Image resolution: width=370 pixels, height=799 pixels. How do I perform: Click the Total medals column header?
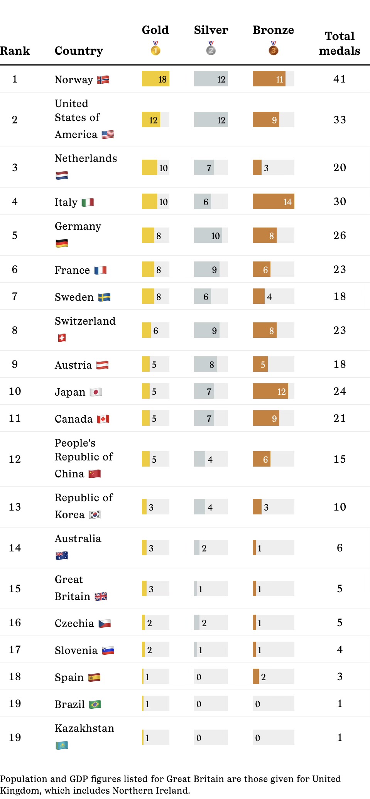340,43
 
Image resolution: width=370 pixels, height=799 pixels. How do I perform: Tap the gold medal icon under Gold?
155,49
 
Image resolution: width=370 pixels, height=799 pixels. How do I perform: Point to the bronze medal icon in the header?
273,49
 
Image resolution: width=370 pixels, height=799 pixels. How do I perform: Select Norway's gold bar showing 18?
155,79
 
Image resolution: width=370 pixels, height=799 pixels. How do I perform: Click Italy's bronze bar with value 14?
273,202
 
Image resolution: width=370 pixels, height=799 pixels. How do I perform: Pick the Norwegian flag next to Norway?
103,80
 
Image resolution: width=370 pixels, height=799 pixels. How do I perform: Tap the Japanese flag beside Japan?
96,392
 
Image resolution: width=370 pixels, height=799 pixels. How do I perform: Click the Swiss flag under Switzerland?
62,338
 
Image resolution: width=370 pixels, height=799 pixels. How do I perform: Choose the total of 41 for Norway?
340,79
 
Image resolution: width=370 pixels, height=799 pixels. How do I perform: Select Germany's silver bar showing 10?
211,236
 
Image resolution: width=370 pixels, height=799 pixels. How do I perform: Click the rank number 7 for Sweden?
15,297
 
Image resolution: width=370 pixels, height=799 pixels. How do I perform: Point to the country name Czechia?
74,624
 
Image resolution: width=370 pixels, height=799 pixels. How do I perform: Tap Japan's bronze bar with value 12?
270,391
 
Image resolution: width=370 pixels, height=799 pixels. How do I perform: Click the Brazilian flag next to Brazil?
95,705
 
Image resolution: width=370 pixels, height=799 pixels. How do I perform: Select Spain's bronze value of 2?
263,677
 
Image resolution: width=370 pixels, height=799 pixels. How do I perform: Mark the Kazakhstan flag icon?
62,745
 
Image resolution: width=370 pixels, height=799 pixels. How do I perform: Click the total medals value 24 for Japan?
340,391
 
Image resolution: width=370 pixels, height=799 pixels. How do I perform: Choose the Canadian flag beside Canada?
103,419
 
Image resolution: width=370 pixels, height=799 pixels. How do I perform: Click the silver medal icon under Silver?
211,49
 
